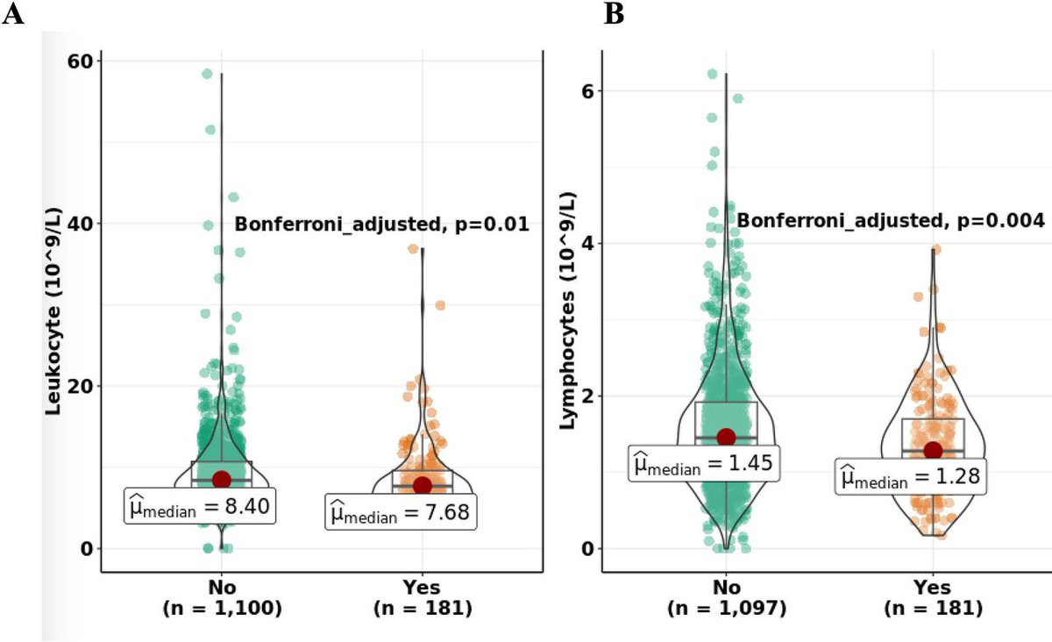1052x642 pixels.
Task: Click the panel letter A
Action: point(13,15)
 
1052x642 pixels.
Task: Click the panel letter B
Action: point(615,15)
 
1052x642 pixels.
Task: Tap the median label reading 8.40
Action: point(201,506)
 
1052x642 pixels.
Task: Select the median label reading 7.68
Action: point(402,511)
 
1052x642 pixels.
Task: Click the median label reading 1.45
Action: point(704,462)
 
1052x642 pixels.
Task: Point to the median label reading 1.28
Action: point(911,477)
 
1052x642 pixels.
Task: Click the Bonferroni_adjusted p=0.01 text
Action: point(381,225)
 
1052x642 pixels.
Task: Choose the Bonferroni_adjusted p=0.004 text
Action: point(891,220)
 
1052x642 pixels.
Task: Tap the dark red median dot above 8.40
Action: point(221,479)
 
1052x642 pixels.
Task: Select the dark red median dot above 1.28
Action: point(932,450)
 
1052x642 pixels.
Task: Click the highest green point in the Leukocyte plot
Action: point(207,74)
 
